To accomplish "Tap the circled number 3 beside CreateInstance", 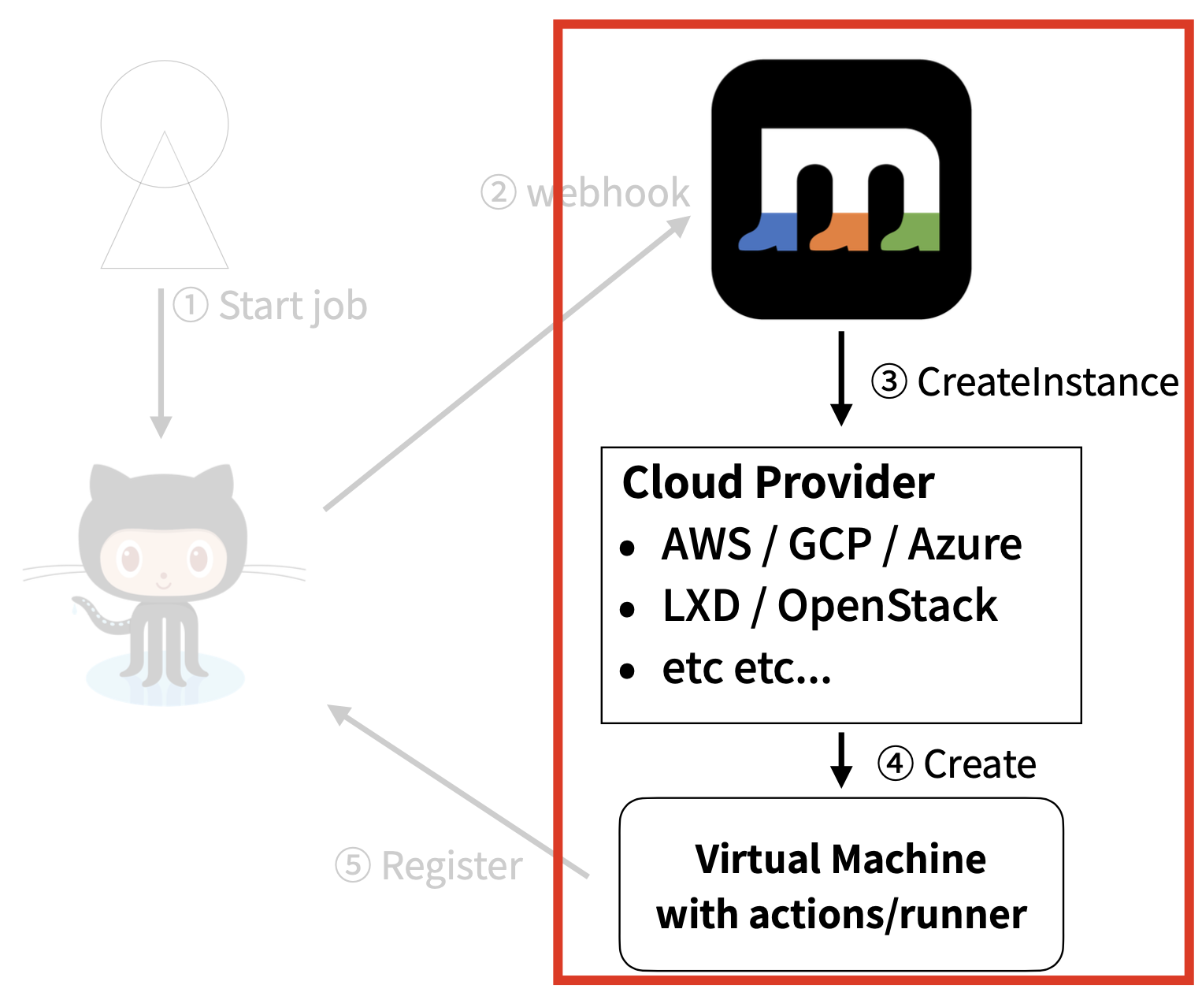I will tap(889, 382).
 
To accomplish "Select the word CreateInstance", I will tap(1048, 382).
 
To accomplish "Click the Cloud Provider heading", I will tap(777, 481).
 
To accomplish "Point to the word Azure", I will tap(965, 544).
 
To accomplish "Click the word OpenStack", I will tap(887, 606).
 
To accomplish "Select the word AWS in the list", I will tap(707, 544).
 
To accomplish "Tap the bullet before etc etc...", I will tap(627, 671).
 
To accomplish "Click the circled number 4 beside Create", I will tap(896, 764).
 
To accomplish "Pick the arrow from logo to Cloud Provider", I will tap(841, 378).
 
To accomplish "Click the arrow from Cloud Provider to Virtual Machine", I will tap(841, 760).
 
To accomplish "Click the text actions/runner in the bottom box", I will tap(887, 915).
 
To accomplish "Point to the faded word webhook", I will tap(608, 193).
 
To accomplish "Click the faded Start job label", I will tap(292, 306).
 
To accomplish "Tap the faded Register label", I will tap(451, 865).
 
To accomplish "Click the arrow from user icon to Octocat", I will tap(161, 362).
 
